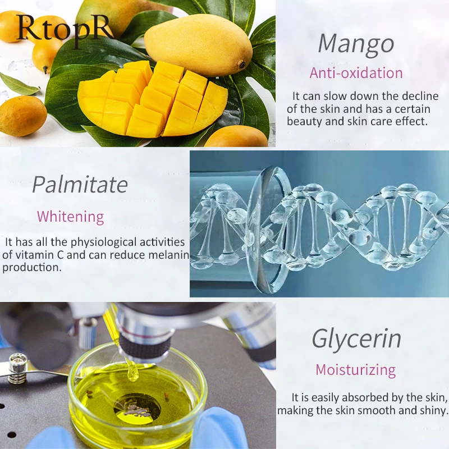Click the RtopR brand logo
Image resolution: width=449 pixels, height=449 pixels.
point(65,28)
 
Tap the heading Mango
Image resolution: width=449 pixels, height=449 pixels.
point(355,44)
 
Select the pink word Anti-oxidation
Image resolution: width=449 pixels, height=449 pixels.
point(356,73)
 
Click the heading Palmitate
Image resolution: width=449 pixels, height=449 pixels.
point(80,184)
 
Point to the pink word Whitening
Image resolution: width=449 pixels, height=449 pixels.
point(70,217)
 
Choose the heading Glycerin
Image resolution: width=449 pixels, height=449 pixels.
point(356,339)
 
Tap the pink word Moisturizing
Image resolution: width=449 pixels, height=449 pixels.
point(355,370)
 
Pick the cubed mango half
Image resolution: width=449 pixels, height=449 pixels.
point(152,101)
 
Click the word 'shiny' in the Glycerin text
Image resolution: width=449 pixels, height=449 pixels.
point(432,410)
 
